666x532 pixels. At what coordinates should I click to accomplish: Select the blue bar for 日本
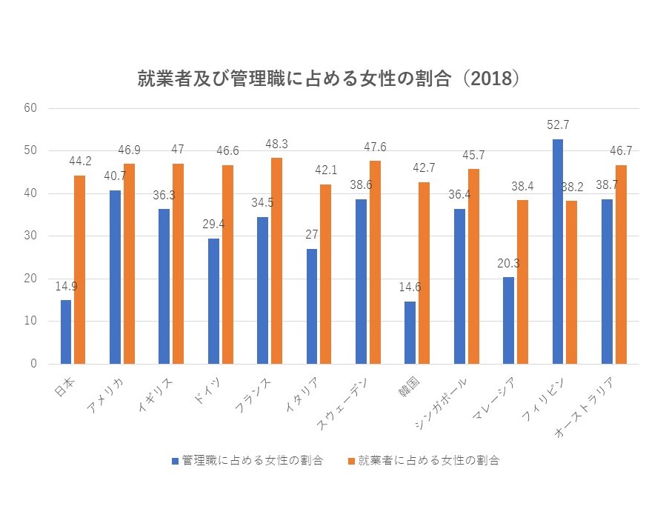pyautogui.click(x=66, y=331)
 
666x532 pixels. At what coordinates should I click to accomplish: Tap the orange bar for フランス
pyautogui.click(x=276, y=261)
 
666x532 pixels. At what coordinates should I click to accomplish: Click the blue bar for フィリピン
pyautogui.click(x=558, y=251)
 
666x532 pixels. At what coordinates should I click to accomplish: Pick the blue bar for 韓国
pyautogui.click(x=410, y=333)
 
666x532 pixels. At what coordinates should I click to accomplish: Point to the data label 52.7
pyautogui.click(x=558, y=125)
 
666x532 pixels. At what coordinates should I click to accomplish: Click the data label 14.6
pyautogui.click(x=410, y=287)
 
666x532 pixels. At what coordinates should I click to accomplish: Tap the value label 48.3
pyautogui.click(x=276, y=144)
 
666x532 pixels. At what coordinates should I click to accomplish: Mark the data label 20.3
pyautogui.click(x=508, y=263)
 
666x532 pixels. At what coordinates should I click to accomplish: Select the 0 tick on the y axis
pyautogui.click(x=33, y=364)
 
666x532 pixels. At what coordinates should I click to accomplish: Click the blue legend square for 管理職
pyautogui.click(x=175, y=460)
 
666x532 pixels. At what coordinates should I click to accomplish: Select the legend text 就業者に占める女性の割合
pyautogui.click(x=429, y=460)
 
